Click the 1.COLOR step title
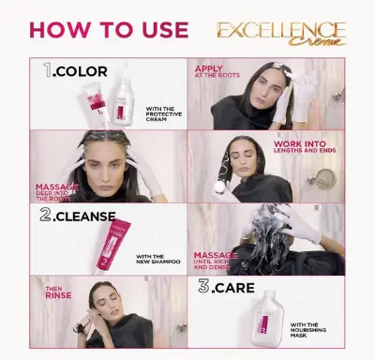[76, 71]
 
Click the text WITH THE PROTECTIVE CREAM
[164, 115]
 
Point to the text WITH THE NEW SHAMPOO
[156, 259]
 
